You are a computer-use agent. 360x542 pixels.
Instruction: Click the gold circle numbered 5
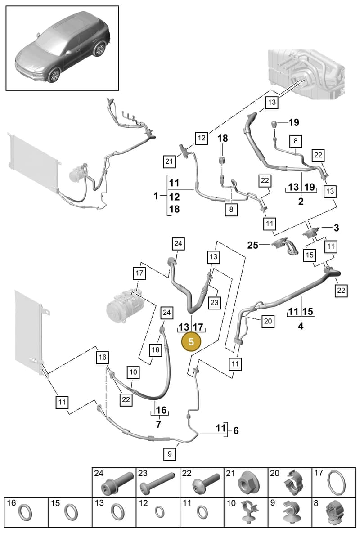tap(191, 342)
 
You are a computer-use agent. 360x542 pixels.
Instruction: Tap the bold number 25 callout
tap(253, 245)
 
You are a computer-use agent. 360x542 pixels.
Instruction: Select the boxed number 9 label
tap(170, 454)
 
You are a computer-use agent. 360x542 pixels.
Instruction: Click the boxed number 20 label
tap(268, 321)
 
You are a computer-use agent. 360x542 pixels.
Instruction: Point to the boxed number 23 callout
tap(215, 302)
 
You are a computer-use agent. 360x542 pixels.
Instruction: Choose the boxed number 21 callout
tap(169, 161)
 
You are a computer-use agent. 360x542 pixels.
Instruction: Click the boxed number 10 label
tap(133, 372)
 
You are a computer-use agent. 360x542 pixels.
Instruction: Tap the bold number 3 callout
tap(336, 228)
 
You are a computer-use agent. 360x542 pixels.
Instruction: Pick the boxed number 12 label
tap(202, 138)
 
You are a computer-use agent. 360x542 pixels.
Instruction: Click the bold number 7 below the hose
tap(158, 424)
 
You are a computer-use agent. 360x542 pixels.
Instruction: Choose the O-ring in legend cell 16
tap(25, 512)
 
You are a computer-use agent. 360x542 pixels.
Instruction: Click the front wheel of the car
tap(55, 74)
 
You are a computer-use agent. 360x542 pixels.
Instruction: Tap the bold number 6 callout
tap(236, 430)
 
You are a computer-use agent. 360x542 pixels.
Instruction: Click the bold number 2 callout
tap(301, 201)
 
